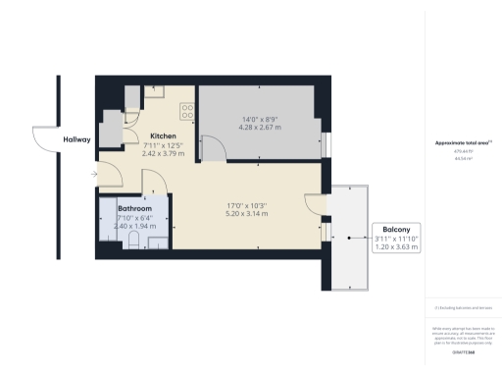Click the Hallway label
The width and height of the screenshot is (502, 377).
76,140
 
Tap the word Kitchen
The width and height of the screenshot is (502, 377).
163,135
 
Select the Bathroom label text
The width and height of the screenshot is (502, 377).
134,209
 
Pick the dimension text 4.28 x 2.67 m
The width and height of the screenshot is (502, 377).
262,129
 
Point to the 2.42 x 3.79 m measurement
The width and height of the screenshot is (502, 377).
163,153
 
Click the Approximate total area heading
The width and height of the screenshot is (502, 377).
462,143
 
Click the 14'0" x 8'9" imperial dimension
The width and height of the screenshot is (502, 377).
262,120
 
